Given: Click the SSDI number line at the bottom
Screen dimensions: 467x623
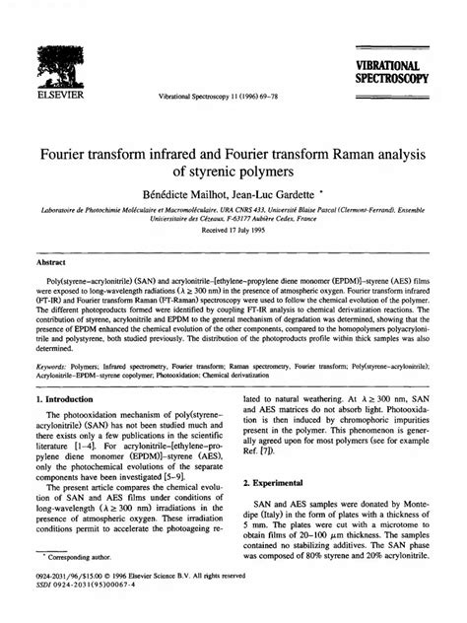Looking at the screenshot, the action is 90,609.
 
